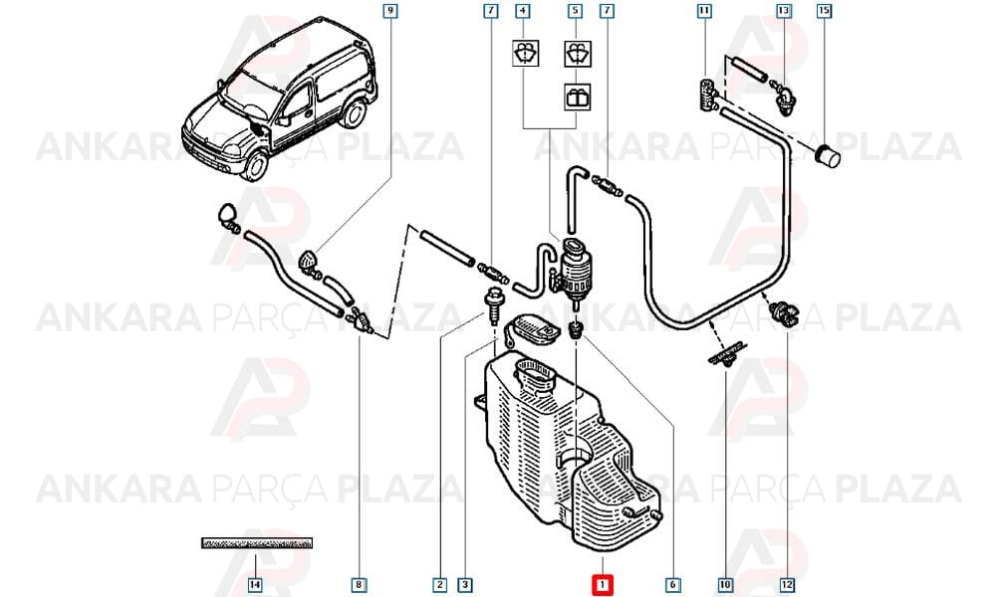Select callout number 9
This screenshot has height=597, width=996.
pyautogui.click(x=390, y=11)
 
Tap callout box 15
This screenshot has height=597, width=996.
pyautogui.click(x=824, y=11)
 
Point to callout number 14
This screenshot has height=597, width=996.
pyautogui.click(x=255, y=584)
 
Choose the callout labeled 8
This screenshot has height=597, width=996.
pyautogui.click(x=360, y=584)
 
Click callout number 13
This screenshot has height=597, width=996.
pyautogui.click(x=784, y=11)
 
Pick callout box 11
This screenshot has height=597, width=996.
pyautogui.click(x=704, y=11)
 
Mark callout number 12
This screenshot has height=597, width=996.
pyautogui.click(x=788, y=584)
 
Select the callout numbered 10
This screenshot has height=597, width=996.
pyautogui.click(x=725, y=584)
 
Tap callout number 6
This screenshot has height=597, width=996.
pyautogui.click(x=672, y=584)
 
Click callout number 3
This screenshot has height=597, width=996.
pyautogui.click(x=465, y=584)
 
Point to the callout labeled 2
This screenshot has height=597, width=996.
pyautogui.click(x=439, y=584)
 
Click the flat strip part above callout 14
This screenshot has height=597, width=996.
pyautogui.click(x=257, y=543)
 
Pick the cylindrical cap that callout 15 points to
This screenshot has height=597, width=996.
pyautogui.click(x=827, y=155)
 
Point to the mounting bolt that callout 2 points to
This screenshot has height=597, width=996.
pyautogui.click(x=492, y=304)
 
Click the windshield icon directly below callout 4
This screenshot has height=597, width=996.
pyautogui.click(x=527, y=53)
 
